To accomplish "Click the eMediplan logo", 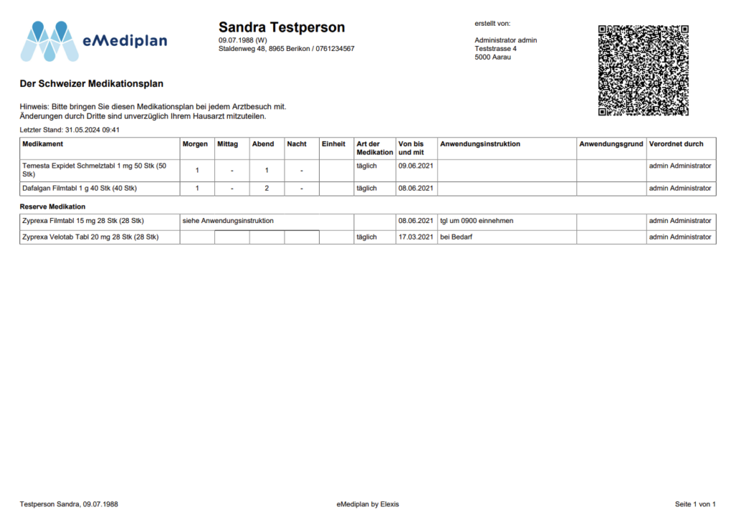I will click(x=93, y=41).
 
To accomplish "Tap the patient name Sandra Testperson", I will click(x=282, y=28).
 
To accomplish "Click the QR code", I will click(x=643, y=70).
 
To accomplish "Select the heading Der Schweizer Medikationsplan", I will click(x=91, y=84).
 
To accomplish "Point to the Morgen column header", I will click(x=195, y=144).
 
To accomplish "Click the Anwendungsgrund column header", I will click(x=611, y=144).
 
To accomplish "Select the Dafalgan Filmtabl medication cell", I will click(x=80, y=188).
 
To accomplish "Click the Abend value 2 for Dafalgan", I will click(x=267, y=188).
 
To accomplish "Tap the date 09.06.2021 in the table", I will click(x=416, y=166).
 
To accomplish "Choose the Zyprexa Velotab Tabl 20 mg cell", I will click(x=91, y=237).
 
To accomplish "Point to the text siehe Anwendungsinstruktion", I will click(x=228, y=221).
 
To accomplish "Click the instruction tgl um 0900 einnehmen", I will click(x=477, y=221).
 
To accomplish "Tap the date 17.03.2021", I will click(x=416, y=237).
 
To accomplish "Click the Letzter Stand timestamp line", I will click(x=69, y=130).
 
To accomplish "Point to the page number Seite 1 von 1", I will click(x=695, y=504).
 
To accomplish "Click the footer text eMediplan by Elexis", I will click(x=367, y=504).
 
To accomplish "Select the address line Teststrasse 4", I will click(x=495, y=49).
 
